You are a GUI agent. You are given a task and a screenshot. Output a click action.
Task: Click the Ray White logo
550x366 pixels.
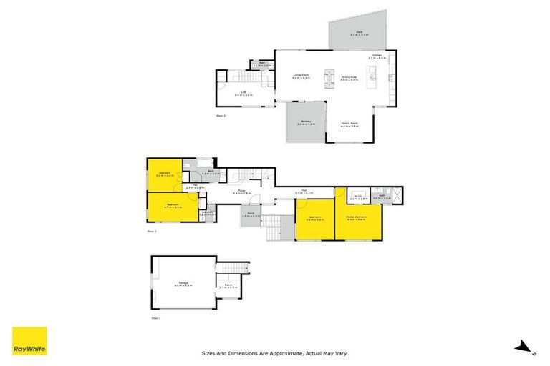[x=29, y=341]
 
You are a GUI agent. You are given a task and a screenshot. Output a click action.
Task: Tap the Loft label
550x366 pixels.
[x=244, y=92]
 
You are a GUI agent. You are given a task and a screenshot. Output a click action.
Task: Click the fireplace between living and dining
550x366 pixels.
[x=329, y=76]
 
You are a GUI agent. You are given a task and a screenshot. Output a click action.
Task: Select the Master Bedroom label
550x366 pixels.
[x=356, y=218]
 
